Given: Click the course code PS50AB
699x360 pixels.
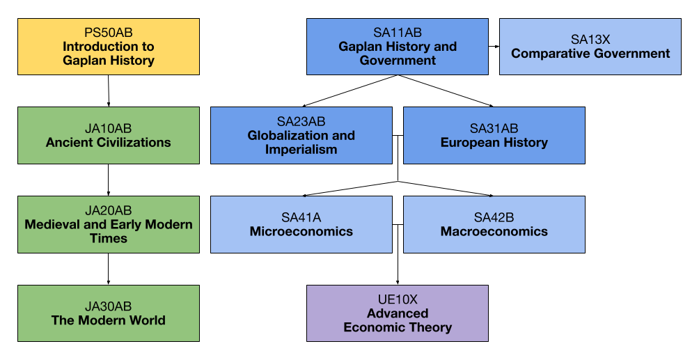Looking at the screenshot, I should coord(108,33).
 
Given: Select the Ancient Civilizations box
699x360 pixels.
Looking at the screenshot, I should coord(108,136).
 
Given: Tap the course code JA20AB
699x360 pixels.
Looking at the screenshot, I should coord(108,210).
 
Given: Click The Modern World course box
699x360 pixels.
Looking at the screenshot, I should coord(108,313).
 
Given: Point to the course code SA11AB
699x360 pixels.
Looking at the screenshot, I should coord(398,33).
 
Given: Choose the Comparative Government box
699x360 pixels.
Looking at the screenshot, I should coord(590,47).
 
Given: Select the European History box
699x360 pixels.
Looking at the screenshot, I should coord(494,136).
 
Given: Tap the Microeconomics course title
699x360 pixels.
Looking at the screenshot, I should coord(301,231).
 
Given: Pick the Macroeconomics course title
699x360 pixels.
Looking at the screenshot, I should coord(494,231).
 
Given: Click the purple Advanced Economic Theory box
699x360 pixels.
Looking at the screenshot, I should coord(398,313).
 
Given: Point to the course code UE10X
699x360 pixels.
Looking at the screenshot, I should coord(398,299).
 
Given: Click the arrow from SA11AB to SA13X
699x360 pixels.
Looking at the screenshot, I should coord(494,47).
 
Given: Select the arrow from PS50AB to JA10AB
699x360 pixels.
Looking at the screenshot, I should coord(109,91).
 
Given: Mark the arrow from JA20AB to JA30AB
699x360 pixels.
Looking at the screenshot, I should coord(108,268).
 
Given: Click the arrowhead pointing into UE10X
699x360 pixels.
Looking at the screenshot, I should coord(398,281).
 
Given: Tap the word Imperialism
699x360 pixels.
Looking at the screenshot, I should coord(301,150).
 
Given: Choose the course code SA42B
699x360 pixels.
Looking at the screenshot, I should coord(494,217).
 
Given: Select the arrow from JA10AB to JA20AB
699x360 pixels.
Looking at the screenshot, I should coord(108,180).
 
